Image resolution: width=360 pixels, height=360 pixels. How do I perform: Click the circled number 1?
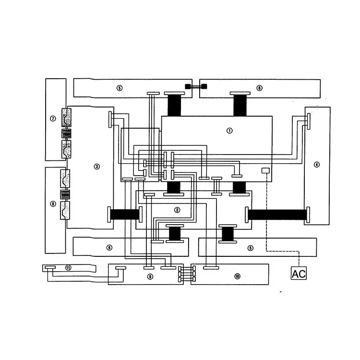pos(229,130)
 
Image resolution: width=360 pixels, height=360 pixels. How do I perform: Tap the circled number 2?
pos(177,210)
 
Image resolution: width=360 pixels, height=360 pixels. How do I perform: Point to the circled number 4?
pos(316,165)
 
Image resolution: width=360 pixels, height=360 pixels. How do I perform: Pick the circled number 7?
pos(53,118)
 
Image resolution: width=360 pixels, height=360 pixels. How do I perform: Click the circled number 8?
pos(53,204)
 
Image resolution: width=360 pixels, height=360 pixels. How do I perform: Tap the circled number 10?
pos(237,276)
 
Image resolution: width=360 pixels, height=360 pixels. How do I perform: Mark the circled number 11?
pos(68,268)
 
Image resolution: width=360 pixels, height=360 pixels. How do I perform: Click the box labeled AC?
pos(299,274)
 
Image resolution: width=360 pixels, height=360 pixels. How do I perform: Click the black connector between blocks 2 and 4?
pos(277,215)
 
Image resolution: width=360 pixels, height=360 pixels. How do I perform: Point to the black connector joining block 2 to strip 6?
pos(174,234)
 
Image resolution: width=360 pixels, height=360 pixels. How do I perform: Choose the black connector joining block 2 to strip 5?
pos(228,234)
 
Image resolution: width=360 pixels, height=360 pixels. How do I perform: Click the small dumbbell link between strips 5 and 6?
pos(196,86)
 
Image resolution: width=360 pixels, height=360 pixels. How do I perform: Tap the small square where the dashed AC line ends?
pos(265,170)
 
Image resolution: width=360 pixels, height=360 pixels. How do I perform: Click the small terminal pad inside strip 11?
pos(50,267)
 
